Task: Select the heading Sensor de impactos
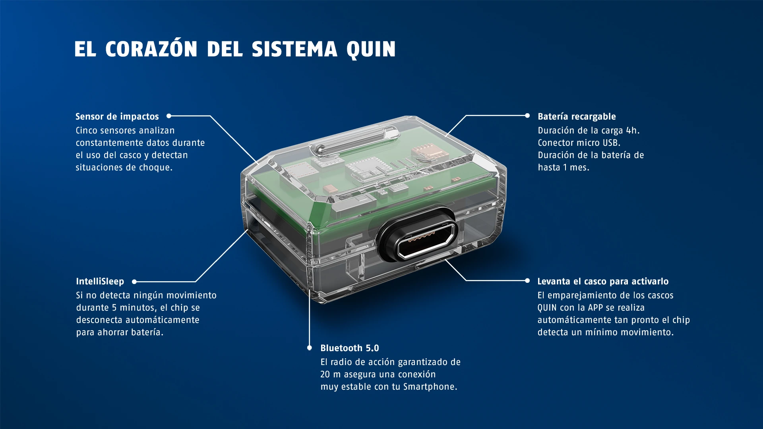coord(117,117)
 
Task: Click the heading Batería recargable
coord(577,117)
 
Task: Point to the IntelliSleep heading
coord(100,282)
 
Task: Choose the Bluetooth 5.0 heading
coord(350,348)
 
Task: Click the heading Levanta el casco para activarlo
coord(603,282)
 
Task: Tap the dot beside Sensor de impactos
coord(169,116)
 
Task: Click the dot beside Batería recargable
coord(527,116)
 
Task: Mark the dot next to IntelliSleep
coord(134,282)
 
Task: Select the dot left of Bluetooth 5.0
coord(310,348)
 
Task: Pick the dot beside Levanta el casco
coord(527,281)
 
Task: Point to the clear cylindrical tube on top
coord(354,141)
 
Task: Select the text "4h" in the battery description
coord(631,131)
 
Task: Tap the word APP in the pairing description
coord(596,308)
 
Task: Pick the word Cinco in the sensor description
coord(86,131)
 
